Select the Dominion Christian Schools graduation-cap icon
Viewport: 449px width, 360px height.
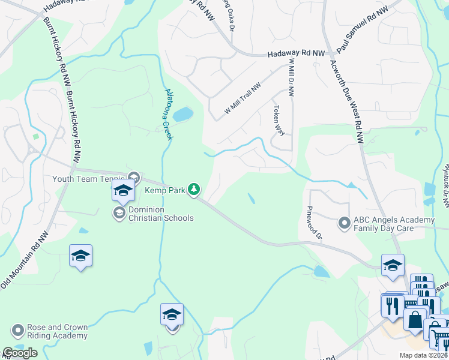(119, 212)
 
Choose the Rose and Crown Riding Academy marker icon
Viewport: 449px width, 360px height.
(18, 331)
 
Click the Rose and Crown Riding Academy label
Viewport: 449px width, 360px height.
(58, 331)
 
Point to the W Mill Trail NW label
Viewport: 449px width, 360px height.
(243, 99)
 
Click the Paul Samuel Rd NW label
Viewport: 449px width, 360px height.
(364, 25)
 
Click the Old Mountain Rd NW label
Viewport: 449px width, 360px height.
(23, 263)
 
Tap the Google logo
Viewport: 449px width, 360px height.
(20, 353)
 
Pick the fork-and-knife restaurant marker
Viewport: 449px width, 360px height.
(393, 306)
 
